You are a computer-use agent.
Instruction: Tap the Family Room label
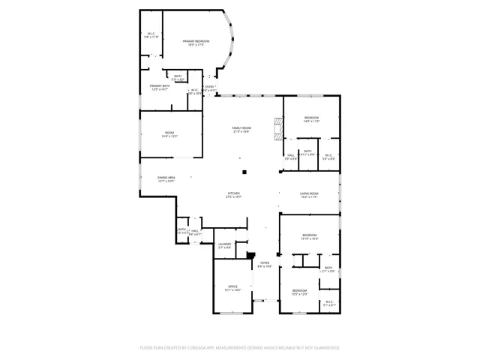(241, 129)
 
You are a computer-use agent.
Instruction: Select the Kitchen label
(234, 194)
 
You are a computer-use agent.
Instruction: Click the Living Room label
(310, 194)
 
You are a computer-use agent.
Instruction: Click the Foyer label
(265, 264)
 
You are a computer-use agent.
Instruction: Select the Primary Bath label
(160, 87)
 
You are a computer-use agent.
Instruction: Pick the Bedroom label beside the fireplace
(312, 118)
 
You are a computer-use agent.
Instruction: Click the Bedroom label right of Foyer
(299, 291)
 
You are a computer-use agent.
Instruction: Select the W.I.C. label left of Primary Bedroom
(152, 35)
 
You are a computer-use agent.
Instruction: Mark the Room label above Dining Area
(169, 134)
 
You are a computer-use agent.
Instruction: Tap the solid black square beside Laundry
(252, 255)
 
